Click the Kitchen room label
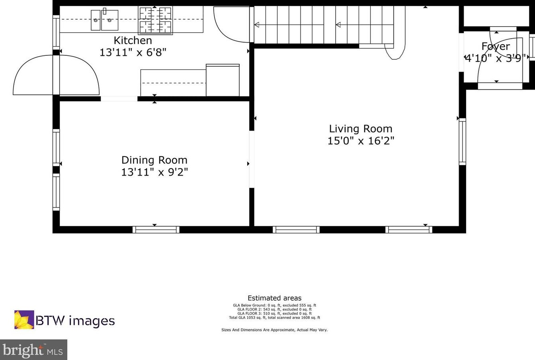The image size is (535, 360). [x=133, y=40]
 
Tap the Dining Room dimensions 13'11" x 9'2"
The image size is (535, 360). [x=154, y=172]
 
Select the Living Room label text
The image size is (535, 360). [x=361, y=129]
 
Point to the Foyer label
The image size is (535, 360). [x=496, y=47]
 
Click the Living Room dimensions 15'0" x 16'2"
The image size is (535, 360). [x=361, y=141]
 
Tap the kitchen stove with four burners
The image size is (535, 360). [x=155, y=20]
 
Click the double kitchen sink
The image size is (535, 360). [x=105, y=20]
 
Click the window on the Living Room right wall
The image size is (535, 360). [x=463, y=141]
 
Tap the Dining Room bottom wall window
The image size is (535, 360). [x=156, y=229]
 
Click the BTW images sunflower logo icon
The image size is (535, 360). [x=24, y=320]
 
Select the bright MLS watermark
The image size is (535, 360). [x=33, y=350]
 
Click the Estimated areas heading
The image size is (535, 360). [x=274, y=298]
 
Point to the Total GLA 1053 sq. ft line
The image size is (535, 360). [x=274, y=317]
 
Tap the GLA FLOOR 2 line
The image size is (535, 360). [x=274, y=309]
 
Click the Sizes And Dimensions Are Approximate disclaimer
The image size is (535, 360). [x=274, y=330]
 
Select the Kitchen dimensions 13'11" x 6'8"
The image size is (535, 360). [x=133, y=52]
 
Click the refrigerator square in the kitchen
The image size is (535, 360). [x=223, y=80]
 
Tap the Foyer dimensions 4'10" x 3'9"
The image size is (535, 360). [x=496, y=58]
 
